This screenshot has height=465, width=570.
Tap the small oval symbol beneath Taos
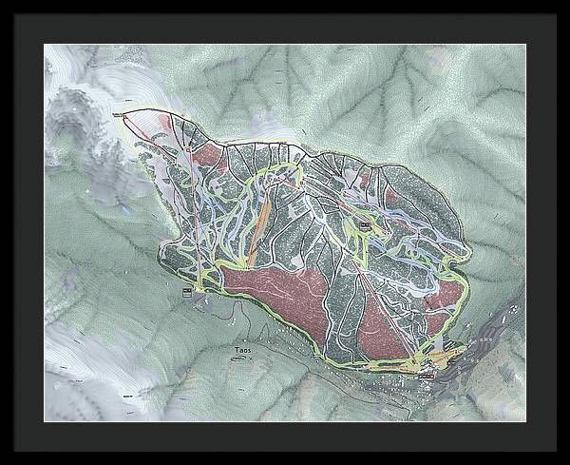(243, 358)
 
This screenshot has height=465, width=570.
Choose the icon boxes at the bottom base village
(425, 372)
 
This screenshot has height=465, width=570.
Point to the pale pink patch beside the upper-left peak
(172, 122)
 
